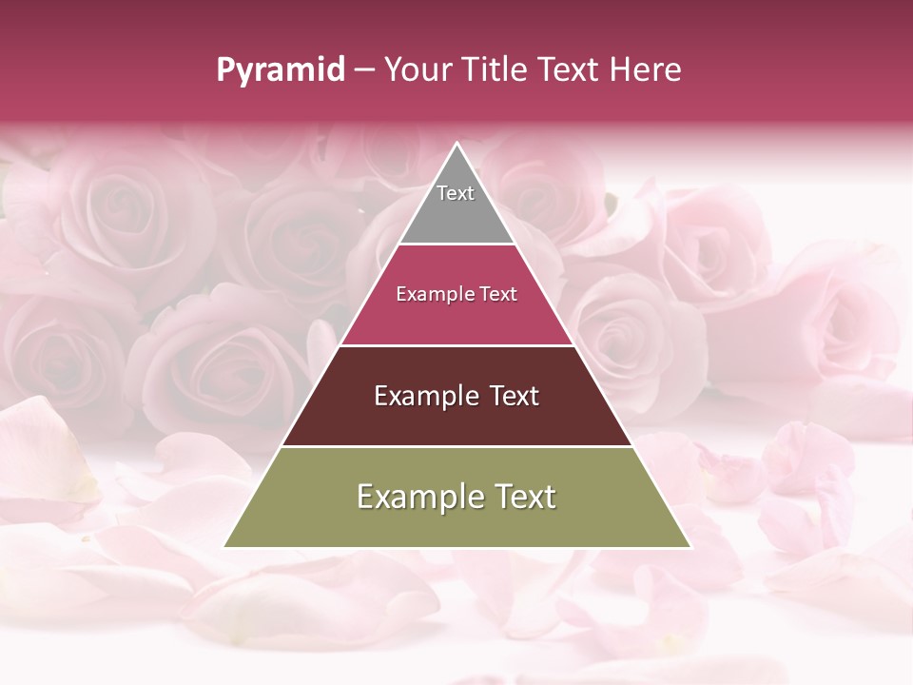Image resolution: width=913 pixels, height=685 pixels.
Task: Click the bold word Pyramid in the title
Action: tap(280, 70)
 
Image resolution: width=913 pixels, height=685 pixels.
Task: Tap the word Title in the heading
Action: tap(494, 70)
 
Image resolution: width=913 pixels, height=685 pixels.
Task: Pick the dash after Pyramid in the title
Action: tap(364, 70)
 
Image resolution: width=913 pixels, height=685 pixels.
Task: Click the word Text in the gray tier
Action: tap(456, 193)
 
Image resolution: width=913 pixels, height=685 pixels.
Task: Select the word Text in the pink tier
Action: tap(499, 294)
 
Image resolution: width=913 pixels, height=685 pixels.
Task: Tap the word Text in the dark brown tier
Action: tap(514, 396)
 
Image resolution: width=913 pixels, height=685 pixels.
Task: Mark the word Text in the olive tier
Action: tap(524, 497)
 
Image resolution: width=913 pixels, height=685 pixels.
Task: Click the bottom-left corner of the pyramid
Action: tap(224, 547)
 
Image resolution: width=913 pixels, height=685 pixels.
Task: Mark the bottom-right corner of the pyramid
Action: tap(690, 547)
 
